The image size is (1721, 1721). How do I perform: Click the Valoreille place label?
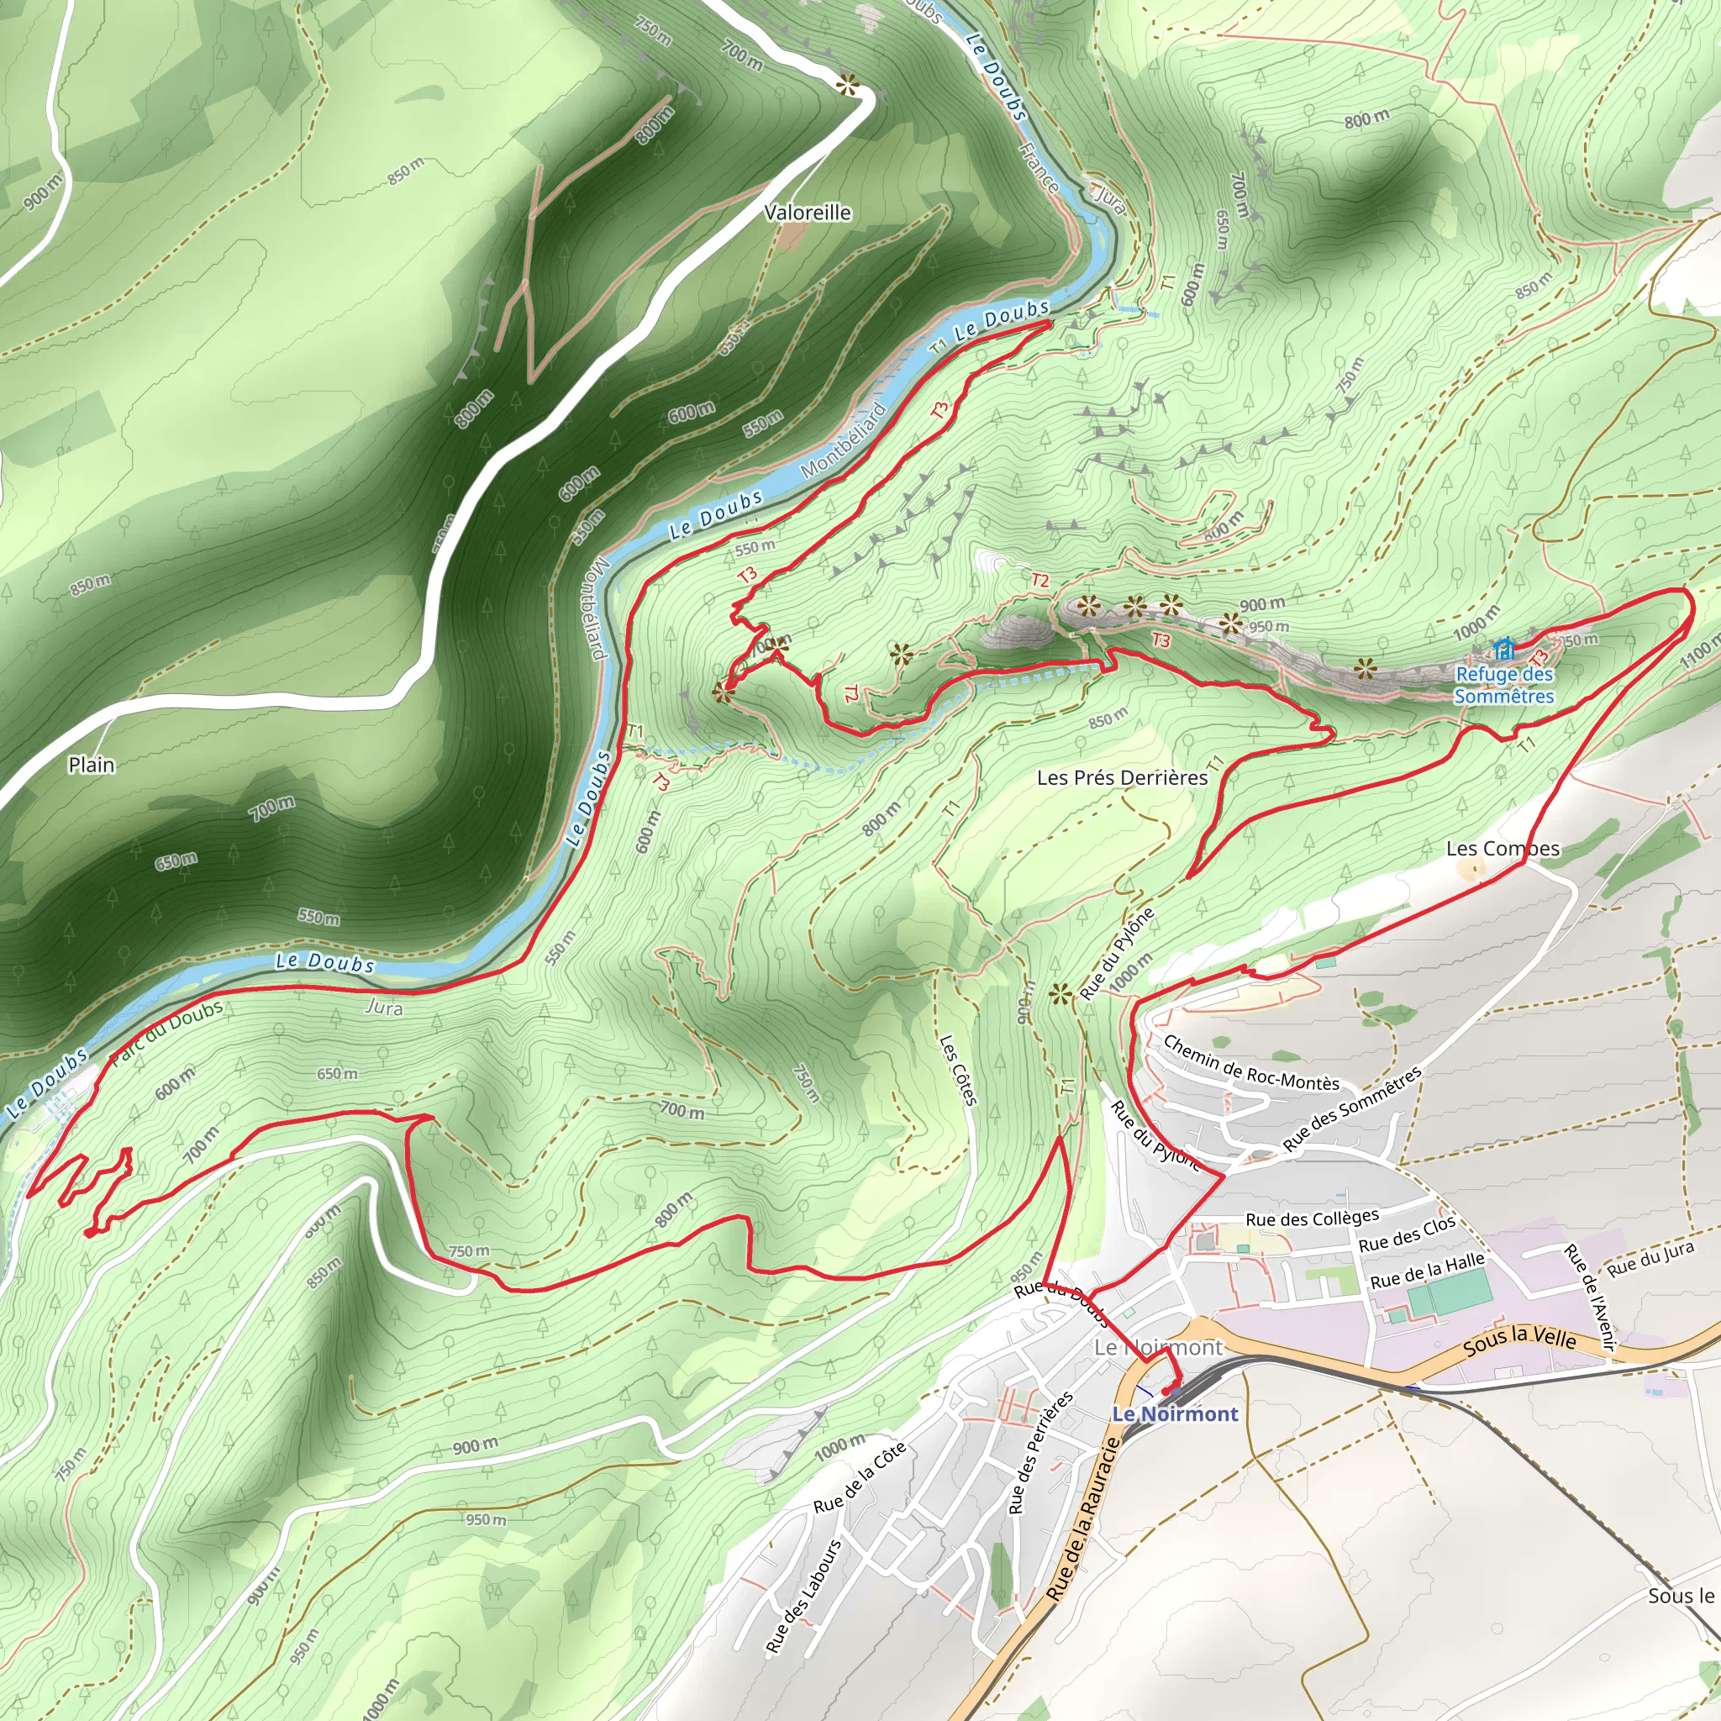tap(807, 213)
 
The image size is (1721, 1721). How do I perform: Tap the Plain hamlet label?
tap(92, 765)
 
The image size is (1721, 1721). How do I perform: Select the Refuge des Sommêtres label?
tap(1503, 686)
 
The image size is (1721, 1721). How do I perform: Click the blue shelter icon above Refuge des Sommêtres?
tap(1504, 648)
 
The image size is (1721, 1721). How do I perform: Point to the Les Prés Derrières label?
tap(1122, 777)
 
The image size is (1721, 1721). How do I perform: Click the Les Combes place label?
tap(1503, 848)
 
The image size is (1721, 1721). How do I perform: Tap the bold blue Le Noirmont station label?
tap(1175, 1413)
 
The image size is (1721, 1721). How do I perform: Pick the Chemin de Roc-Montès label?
tap(1250, 1065)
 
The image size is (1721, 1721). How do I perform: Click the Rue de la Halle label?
tap(1427, 1271)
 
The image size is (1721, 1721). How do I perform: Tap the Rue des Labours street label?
tap(803, 1597)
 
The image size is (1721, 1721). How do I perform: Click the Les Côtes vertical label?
tap(959, 1070)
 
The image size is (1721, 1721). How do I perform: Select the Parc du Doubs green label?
tap(166, 1034)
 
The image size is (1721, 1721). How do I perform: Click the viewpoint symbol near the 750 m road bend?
tap(847, 86)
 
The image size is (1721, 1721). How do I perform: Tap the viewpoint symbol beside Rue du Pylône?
tap(1059, 995)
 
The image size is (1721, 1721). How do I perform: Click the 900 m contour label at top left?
tap(42, 192)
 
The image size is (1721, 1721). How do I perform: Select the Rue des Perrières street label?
tap(1039, 1454)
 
